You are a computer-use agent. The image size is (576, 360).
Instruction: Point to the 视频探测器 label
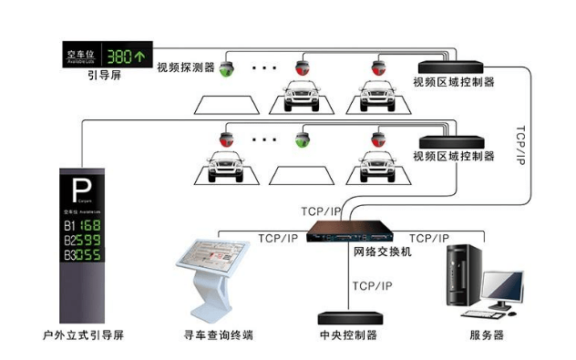tap(185, 67)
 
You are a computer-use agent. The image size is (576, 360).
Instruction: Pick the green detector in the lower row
tap(301, 140)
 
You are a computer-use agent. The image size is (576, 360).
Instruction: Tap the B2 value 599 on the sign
tap(91, 240)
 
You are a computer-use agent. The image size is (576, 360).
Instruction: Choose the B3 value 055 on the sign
tap(91, 255)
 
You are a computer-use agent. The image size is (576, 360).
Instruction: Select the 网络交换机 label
tap(382, 251)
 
